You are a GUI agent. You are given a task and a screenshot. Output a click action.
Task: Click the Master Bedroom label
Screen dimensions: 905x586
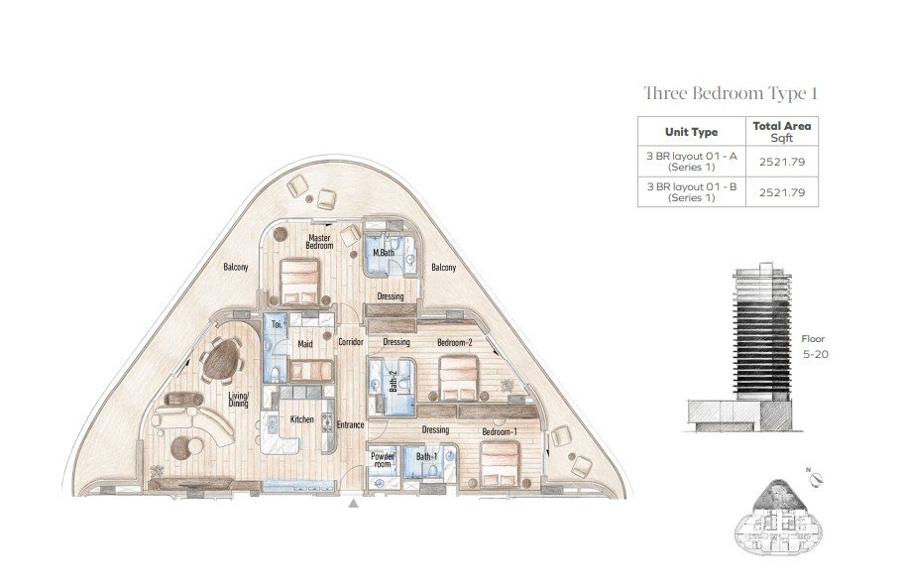[319, 241]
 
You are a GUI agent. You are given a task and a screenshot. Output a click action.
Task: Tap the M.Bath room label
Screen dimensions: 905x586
[384, 253]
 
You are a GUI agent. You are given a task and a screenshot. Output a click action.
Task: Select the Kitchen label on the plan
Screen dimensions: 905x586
[302, 419]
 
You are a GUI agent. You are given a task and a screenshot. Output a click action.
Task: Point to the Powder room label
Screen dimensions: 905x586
[383, 460]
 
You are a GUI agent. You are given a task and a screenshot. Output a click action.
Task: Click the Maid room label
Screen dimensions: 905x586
[305, 344]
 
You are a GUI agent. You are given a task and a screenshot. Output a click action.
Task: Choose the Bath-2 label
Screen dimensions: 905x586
[394, 381]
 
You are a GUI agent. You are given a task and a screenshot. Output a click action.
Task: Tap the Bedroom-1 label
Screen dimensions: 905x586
[500, 432]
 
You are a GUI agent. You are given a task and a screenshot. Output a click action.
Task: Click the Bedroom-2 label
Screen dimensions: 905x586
[455, 342]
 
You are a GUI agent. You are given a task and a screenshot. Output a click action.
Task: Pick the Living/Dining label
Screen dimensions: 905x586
[238, 400]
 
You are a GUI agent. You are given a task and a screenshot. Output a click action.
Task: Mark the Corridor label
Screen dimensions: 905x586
[350, 342]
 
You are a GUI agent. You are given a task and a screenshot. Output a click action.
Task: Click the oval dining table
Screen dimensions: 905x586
[222, 359]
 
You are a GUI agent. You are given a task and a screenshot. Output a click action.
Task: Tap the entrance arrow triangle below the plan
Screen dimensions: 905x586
[354, 504]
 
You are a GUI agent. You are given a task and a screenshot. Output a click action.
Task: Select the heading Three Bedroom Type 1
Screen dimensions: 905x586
[731, 93]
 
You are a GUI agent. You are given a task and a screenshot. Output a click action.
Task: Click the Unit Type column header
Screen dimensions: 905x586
[692, 132]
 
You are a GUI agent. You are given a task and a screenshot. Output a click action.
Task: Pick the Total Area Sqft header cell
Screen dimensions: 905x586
[781, 132]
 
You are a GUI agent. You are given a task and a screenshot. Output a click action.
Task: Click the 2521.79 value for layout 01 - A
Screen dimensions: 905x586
[782, 162]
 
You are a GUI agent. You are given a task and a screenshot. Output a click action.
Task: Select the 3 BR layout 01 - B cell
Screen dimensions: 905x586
[692, 192]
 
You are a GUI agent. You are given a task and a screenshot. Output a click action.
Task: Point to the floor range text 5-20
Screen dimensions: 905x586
[816, 355]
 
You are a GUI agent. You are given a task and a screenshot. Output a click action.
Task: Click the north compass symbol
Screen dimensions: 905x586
[816, 478]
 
